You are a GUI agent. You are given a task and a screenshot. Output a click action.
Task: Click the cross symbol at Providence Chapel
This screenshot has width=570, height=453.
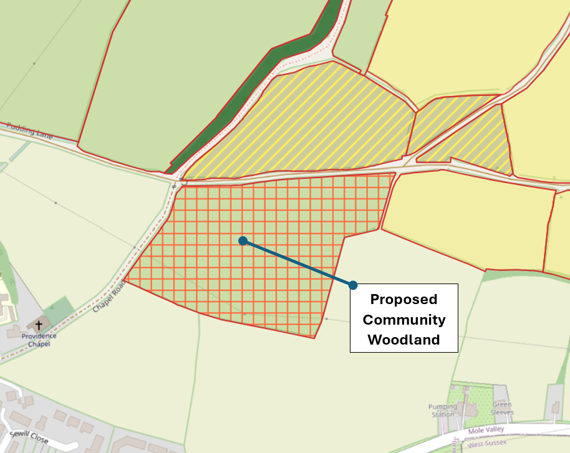39,325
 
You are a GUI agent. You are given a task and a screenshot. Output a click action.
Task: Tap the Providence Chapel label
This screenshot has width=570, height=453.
38,340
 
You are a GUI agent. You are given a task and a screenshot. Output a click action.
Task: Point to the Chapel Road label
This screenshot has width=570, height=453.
109,297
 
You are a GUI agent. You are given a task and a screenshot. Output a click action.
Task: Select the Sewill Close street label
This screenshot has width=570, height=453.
29,434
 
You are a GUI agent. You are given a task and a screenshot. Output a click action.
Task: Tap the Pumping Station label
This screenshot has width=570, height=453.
442,411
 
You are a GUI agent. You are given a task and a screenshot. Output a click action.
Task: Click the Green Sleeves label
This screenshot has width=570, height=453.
501,408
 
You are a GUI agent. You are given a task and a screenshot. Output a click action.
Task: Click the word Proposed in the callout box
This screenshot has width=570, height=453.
403,299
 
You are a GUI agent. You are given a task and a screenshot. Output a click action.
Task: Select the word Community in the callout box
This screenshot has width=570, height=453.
404,320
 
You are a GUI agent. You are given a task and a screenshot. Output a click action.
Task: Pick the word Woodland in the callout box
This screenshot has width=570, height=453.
403,340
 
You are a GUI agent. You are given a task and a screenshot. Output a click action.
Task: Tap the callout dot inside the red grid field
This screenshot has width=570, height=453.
243,241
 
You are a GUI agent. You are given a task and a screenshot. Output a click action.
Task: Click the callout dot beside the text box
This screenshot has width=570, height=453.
353,285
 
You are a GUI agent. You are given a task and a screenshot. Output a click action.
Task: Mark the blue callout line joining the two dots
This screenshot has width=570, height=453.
298,263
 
